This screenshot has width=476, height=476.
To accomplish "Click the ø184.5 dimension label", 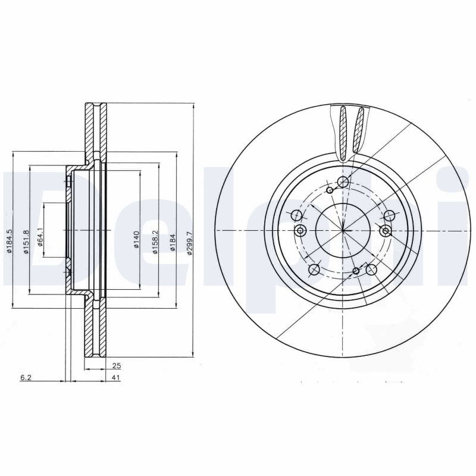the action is click(10, 242).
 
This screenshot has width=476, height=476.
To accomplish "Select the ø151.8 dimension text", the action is click(26, 242).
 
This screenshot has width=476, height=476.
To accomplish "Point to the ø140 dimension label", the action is click(136, 240).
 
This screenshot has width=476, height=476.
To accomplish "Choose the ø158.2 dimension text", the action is click(155, 242).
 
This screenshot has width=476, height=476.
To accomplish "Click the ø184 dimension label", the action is click(173, 242).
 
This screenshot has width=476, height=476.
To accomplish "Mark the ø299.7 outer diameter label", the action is click(190, 243).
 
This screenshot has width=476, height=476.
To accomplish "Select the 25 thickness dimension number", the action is click(117, 366).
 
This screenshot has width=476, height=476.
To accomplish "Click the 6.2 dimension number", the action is click(26, 378).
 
